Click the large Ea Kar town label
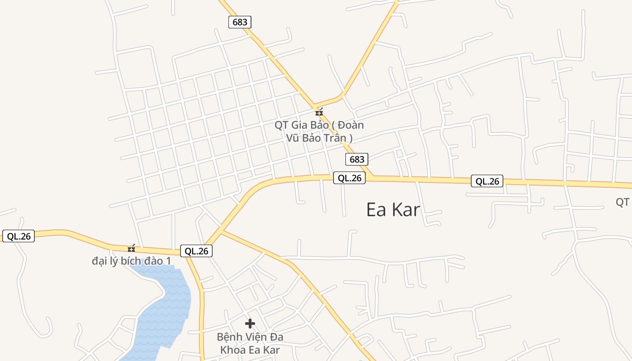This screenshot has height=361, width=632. tap(393, 210)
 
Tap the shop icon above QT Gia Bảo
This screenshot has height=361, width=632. tap(319, 112)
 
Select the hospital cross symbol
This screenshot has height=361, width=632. tap(250, 324)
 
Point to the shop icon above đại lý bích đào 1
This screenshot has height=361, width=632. tap(131, 249)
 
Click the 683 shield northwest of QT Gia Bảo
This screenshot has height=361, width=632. tap(240, 22)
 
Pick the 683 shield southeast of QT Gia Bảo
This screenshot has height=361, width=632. tap(357, 159)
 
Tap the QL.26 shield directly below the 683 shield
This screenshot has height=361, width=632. tap(349, 178)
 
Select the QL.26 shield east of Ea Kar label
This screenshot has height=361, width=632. tap(487, 181)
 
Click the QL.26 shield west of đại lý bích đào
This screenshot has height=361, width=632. tap(19, 236)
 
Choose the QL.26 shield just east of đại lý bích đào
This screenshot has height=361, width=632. tap(196, 251)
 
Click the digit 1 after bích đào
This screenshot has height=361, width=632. tap(168, 261)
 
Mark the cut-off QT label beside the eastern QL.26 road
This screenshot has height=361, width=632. tap(623, 202)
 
